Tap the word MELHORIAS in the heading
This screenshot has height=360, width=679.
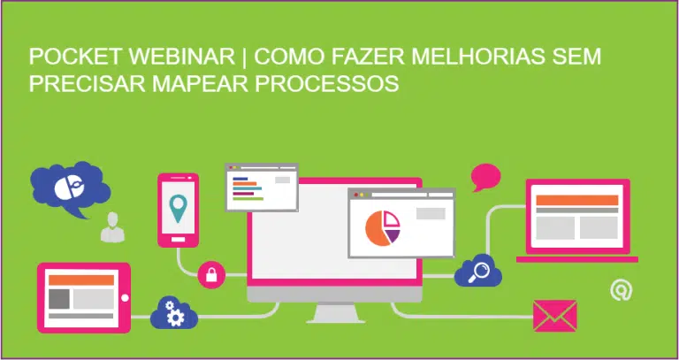[474, 57]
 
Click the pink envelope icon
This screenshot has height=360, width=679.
[554, 315]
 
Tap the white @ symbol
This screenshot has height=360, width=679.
[622, 290]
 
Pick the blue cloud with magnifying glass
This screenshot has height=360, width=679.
[478, 270]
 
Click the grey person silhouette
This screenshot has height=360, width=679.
[112, 228]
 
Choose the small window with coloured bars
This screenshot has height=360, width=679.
[261, 187]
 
